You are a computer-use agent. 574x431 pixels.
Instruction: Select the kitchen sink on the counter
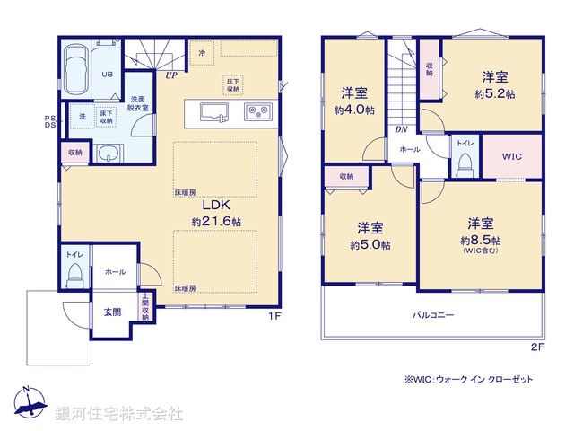(x=213, y=112)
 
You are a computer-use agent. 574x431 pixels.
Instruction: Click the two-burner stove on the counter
(x=258, y=112)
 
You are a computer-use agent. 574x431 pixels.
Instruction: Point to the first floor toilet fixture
(x=74, y=272)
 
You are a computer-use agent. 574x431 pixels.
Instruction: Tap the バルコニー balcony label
(x=432, y=315)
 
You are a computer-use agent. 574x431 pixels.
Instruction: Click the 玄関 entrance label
(x=111, y=312)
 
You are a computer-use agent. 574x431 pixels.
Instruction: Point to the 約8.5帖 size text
(x=480, y=241)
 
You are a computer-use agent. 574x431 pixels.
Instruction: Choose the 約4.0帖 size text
(x=353, y=110)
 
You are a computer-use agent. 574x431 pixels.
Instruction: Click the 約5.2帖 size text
(x=494, y=93)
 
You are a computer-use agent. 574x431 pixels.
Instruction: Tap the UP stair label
(x=170, y=75)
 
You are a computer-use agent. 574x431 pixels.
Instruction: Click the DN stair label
(x=400, y=129)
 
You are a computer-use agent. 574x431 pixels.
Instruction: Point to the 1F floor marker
(x=276, y=316)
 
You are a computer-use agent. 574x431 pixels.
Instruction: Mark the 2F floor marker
(x=537, y=346)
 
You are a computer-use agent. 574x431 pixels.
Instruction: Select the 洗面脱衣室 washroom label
(x=138, y=102)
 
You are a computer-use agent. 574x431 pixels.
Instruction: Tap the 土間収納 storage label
(x=144, y=308)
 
